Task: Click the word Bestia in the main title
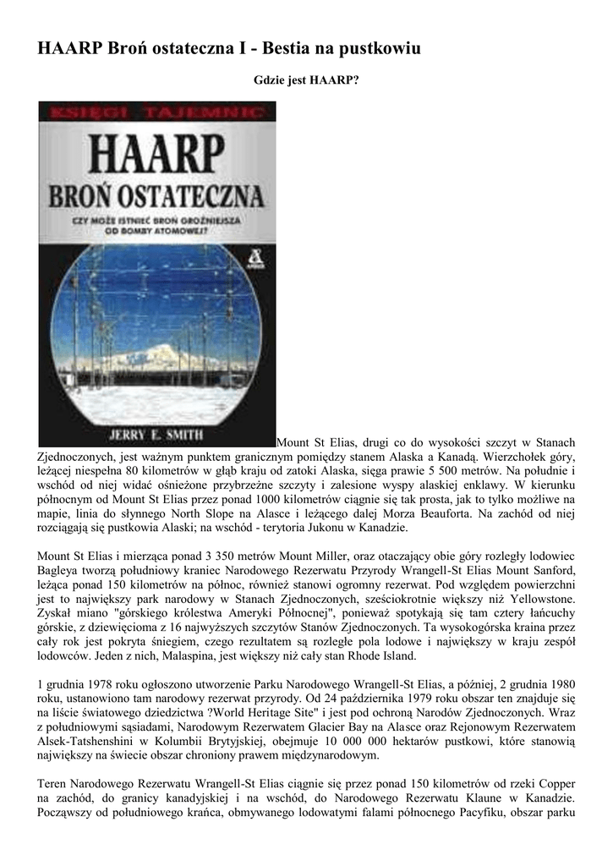[x=287, y=49]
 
